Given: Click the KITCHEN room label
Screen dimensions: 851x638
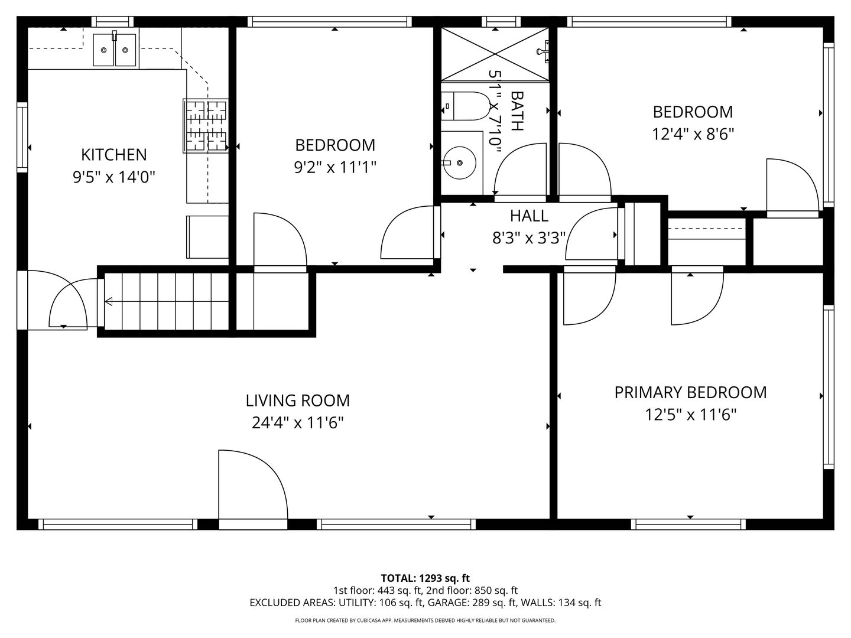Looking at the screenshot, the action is coord(114,155).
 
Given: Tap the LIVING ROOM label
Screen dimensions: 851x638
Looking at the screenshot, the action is coord(298,401).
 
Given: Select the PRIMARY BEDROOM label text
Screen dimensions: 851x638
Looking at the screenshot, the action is coord(690,392).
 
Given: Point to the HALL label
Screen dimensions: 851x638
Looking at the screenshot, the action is coord(529,216).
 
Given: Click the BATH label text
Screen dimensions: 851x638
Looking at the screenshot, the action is coord(518,111).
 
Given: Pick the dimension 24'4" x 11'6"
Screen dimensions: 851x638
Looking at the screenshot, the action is coord(298,422).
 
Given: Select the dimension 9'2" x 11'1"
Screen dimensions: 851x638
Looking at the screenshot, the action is coord(335,167).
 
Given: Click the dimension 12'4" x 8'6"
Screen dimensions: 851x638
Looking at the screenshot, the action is coord(693,135).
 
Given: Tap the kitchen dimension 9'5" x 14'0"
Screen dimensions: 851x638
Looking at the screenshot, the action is coord(114,177).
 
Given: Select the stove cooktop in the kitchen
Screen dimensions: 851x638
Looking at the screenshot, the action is coord(206,125).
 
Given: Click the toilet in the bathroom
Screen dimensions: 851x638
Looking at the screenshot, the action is coord(465,106).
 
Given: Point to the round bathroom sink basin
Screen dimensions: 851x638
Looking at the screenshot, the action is coord(460,162).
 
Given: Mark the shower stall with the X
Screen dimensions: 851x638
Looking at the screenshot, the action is coord(495,54).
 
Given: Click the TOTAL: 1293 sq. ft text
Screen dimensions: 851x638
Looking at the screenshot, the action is coord(425,578).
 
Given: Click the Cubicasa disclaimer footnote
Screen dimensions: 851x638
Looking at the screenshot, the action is coord(425,620).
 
